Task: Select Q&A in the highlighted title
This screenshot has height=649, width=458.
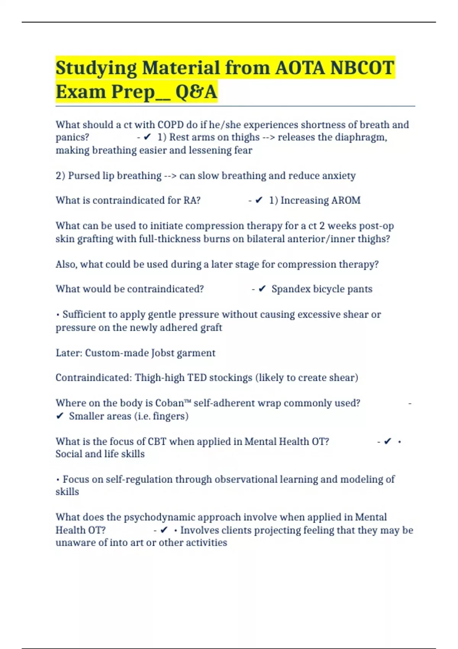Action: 196,92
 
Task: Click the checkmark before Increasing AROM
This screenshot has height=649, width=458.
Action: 259,200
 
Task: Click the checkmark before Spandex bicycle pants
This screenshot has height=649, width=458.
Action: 262,289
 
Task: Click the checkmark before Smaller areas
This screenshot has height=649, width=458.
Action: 60,416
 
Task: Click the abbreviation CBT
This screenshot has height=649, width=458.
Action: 157,442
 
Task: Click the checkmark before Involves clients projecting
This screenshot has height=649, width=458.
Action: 164,530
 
